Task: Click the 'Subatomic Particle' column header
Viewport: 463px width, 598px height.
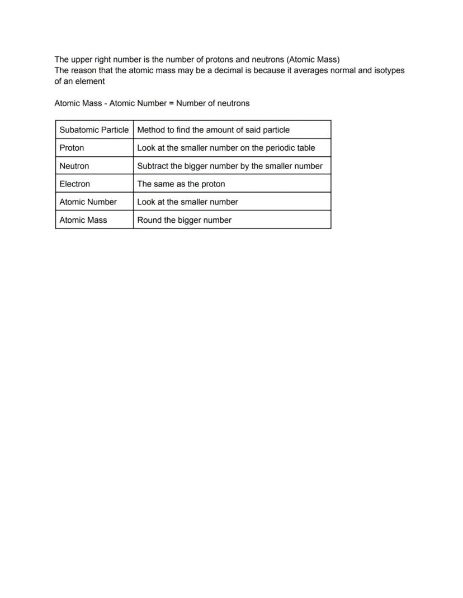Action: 94,130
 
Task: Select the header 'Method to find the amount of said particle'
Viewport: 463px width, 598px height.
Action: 213,130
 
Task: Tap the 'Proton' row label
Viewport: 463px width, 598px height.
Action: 72,148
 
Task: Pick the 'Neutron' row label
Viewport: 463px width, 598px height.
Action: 74,166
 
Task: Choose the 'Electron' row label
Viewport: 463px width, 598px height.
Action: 74,184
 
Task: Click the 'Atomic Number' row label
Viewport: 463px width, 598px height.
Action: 88,202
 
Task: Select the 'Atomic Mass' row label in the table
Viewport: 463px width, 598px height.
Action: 83,220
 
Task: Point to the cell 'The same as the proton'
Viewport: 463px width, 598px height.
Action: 181,184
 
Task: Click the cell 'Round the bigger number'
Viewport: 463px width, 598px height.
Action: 184,220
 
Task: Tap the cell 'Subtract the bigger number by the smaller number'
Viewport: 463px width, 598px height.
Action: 230,166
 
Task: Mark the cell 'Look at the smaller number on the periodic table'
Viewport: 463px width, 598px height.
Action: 226,148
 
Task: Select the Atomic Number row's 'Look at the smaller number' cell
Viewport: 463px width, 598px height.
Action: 187,202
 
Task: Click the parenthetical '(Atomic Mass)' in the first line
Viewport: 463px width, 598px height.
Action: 313,59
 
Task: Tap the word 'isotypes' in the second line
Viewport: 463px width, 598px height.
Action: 389,70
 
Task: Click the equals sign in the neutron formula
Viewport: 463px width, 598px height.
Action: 171,103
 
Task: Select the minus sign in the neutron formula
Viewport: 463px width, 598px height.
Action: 105,103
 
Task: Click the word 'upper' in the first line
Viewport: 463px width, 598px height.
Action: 83,59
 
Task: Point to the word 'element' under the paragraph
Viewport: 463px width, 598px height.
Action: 89,81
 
